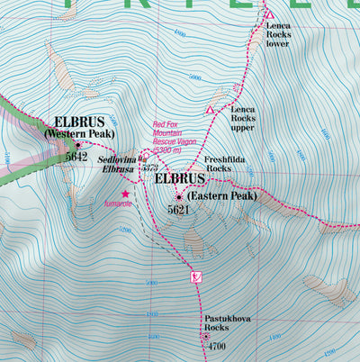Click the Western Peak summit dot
coord(78,144)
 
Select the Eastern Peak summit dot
coord(179,196)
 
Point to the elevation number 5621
coord(180,209)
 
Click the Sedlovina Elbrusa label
coord(117,161)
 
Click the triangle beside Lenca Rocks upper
coord(211,110)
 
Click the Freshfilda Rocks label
coord(226,163)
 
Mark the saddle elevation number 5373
coord(150,168)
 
